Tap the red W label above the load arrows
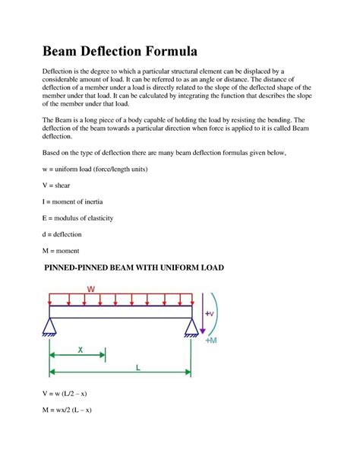90,289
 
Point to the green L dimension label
138,366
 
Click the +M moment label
210,340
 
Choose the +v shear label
210,312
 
